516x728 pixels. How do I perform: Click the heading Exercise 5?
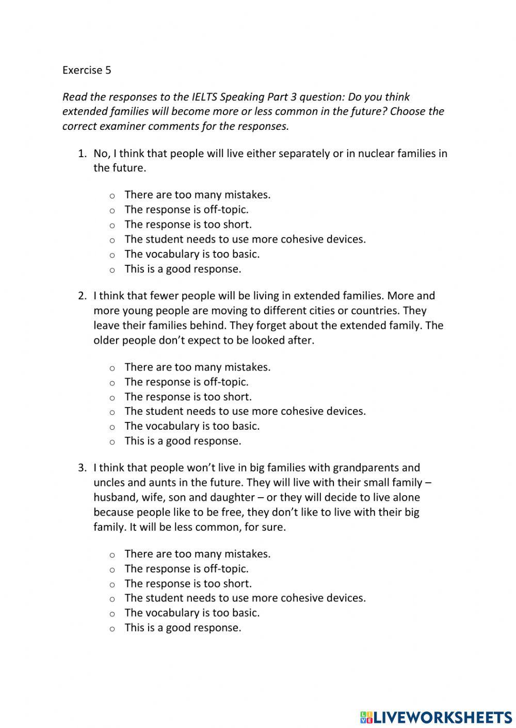tap(86, 70)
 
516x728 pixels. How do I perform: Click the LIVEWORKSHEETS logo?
tap(436, 717)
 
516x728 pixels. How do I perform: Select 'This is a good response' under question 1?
tap(112, 269)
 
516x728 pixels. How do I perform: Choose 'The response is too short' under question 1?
tap(112, 225)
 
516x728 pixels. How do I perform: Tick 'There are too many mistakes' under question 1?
tap(112, 195)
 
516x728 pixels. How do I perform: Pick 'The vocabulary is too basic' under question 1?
tap(112, 255)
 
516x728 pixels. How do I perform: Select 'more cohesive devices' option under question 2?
tap(112, 412)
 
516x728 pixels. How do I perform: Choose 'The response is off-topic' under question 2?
tap(112, 382)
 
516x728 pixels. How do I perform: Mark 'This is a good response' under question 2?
tap(112, 442)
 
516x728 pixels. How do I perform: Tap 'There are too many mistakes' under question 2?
tap(112, 368)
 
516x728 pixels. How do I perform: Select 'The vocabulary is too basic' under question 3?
tap(112, 613)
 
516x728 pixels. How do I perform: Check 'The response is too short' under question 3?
tap(112, 584)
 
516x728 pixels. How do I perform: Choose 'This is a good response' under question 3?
tap(112, 628)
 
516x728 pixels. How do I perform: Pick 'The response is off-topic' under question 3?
tap(112, 569)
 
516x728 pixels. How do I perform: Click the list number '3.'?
tap(82, 468)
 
